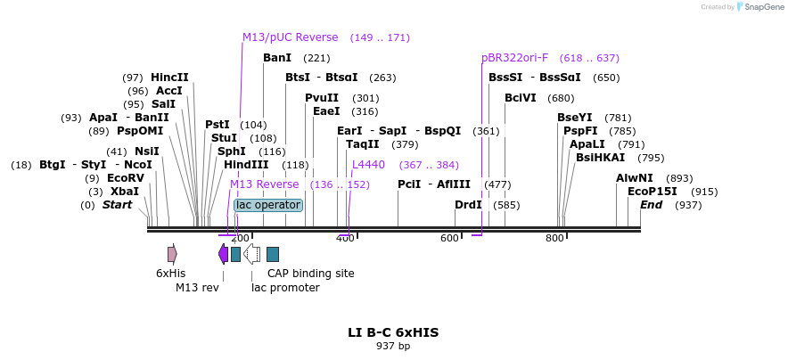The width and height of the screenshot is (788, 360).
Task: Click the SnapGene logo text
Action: [760, 6]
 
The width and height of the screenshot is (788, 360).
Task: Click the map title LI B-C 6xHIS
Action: [393, 332]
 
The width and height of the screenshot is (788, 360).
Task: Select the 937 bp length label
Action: [393, 346]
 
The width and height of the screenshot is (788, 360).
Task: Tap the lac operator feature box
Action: [268, 205]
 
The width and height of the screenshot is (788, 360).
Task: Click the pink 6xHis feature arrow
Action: [172, 254]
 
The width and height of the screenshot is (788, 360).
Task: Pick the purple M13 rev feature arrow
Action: [223, 254]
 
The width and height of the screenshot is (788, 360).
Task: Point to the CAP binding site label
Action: [310, 274]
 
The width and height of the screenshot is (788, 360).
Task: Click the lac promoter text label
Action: [285, 287]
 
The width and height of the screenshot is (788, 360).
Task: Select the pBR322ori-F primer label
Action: [515, 58]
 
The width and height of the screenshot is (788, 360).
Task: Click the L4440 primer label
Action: [368, 165]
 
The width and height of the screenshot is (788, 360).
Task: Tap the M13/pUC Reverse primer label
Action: [291, 37]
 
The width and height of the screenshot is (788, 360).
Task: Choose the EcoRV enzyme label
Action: [126, 178]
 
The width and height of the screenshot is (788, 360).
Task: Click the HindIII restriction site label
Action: [246, 165]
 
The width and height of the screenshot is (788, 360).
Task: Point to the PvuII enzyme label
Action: [322, 98]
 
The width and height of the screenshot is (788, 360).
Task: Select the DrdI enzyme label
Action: [468, 205]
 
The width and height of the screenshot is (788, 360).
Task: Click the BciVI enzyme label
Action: [521, 98]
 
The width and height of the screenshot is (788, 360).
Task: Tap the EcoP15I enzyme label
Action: [653, 192]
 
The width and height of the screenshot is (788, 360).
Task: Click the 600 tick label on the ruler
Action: [450, 238]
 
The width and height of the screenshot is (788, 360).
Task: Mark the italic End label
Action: [652, 205]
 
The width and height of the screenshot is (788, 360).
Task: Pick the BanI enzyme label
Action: [277, 58]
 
